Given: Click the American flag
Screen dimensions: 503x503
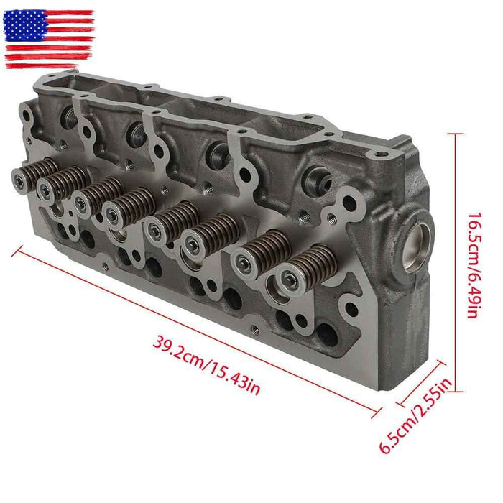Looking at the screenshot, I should coord(49,39).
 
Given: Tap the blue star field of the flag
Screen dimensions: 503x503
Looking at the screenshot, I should coord(22,27).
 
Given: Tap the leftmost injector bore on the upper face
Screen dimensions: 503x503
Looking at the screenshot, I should coord(70,115).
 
